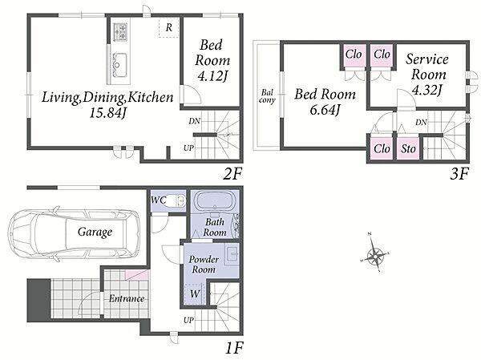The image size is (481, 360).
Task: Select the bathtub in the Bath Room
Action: tap(215, 201)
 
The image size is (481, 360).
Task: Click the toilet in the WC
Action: tap(180, 200)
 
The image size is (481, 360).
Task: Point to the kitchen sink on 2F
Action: tap(119, 65)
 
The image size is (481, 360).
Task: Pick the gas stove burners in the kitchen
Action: tap(120, 31)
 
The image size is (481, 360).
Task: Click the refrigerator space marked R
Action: tap(168, 28)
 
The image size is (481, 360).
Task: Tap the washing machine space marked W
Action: tap(194, 293)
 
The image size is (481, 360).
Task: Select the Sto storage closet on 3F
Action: tap(408, 149)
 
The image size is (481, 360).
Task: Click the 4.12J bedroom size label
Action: tap(212, 76)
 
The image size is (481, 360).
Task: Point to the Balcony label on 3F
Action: tap(267, 96)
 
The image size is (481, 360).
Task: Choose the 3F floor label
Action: tap(459, 174)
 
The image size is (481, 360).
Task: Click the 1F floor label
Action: tap(234, 348)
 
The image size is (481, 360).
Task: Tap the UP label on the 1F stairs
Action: tap(188, 320)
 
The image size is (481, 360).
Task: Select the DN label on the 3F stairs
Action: tap(421, 123)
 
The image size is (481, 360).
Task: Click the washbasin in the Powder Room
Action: tap(232, 255)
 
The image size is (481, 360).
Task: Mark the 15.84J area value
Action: tap(108, 114)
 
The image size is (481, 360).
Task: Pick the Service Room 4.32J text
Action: tap(427, 75)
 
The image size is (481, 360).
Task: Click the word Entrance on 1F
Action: tap(127, 298)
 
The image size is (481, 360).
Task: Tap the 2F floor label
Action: tap(232, 174)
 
